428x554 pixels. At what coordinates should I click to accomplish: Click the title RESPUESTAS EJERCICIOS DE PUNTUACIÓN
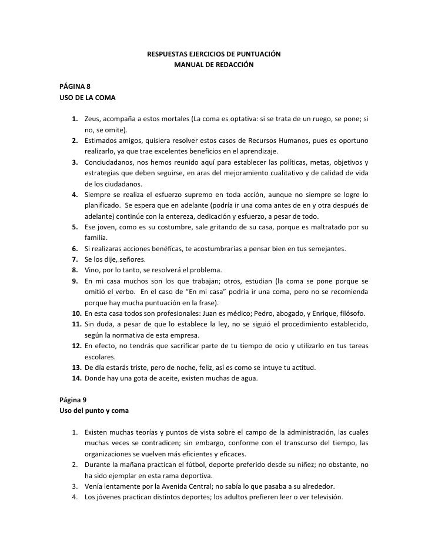click(x=213, y=55)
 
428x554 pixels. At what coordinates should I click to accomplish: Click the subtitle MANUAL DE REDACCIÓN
click(x=213, y=65)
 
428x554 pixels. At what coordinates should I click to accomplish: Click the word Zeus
click(x=93, y=119)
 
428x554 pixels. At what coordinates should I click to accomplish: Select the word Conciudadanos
click(x=109, y=162)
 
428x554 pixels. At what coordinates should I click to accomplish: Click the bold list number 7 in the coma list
click(x=76, y=259)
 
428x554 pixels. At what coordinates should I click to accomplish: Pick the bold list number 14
click(x=76, y=378)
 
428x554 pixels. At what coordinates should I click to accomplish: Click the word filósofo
click(x=353, y=313)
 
